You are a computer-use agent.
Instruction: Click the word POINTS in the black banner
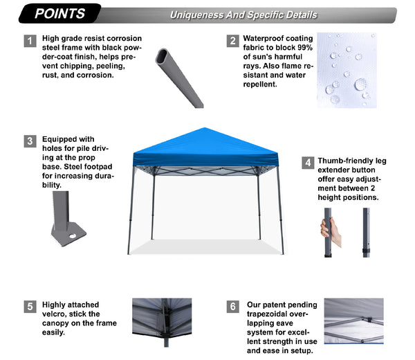[59, 14]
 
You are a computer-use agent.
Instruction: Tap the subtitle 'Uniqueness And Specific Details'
[243, 15]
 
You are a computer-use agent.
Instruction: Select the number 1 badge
[30, 41]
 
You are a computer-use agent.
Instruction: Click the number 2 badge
[233, 41]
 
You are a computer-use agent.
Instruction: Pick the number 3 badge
[30, 141]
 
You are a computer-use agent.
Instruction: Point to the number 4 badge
[308, 163]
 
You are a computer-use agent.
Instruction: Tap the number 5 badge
[30, 307]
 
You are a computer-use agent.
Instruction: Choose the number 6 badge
[233, 307]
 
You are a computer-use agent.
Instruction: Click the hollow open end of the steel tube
[162, 56]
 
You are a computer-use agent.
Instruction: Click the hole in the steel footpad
[73, 235]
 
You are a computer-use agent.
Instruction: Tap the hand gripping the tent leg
[331, 231]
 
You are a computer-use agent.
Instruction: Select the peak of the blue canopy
[204, 128]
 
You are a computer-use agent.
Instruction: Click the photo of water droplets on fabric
[347, 70]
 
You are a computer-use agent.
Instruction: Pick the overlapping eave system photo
[354, 321]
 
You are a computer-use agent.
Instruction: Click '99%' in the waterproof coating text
[304, 48]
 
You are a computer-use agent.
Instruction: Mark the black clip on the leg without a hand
[367, 251]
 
